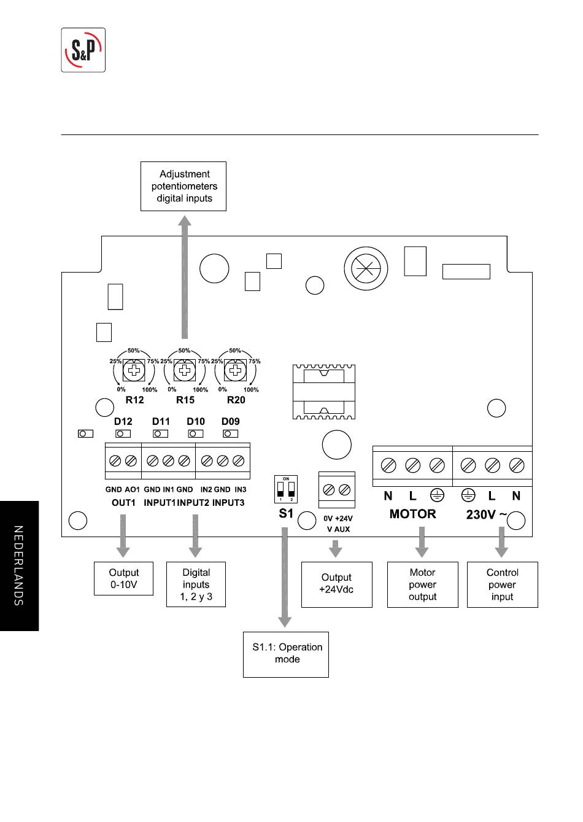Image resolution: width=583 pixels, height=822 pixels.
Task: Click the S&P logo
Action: click(x=83, y=50)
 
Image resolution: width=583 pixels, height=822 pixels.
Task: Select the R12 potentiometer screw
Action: click(x=134, y=370)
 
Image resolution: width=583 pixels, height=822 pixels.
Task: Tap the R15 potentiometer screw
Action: click(x=184, y=370)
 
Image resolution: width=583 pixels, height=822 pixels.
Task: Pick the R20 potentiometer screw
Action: click(x=235, y=370)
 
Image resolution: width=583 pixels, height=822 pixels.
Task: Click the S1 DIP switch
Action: click(x=286, y=489)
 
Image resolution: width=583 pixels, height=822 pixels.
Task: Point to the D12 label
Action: click(x=123, y=421)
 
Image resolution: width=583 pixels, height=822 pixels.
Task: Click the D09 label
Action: click(x=230, y=421)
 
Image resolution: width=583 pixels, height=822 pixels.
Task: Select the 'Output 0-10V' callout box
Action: click(x=123, y=578)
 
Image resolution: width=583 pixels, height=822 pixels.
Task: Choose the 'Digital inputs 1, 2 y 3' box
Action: click(x=196, y=584)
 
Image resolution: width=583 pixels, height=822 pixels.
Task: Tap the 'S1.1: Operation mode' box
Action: click(x=286, y=654)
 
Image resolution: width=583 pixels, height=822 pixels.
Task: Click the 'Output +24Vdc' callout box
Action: click(x=337, y=584)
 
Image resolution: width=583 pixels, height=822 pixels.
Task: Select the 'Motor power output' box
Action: click(x=423, y=584)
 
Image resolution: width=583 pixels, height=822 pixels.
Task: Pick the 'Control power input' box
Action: click(x=502, y=584)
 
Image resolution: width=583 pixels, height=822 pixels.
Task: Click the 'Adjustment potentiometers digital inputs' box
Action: click(x=183, y=186)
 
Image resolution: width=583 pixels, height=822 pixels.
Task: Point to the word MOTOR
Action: click(x=413, y=514)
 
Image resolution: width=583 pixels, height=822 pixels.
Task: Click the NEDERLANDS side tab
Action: click(x=19, y=566)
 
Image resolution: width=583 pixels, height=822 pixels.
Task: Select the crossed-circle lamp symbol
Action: click(x=366, y=268)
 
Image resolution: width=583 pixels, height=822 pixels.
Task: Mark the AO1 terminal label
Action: click(x=132, y=489)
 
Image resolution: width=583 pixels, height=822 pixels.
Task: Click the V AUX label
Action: click(x=338, y=529)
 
